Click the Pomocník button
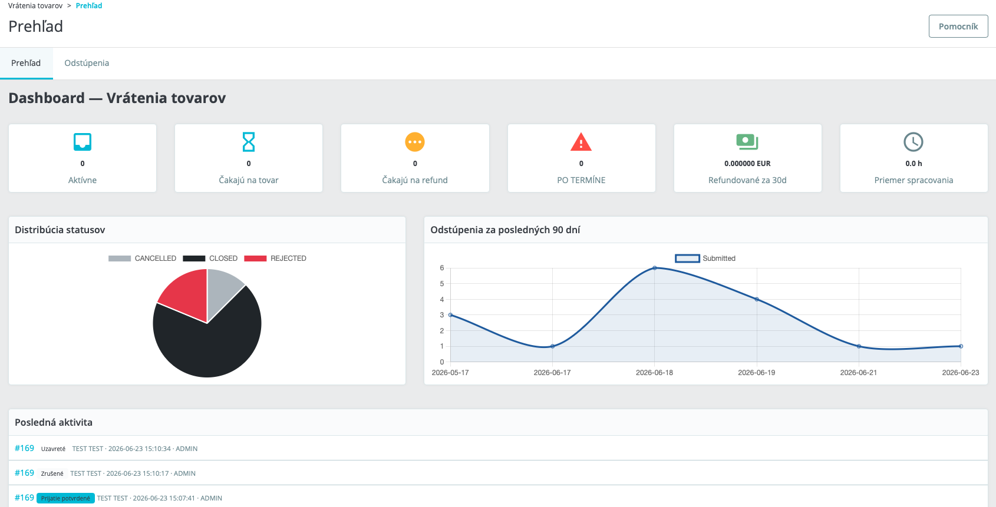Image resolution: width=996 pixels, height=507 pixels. (x=958, y=26)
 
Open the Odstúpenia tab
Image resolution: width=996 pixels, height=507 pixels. (x=87, y=63)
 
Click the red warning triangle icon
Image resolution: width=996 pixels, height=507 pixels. (x=581, y=142)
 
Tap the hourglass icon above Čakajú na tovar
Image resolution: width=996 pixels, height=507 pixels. (x=249, y=142)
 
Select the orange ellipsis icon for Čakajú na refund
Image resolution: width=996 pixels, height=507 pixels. (x=415, y=142)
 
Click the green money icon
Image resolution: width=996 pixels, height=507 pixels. (x=747, y=142)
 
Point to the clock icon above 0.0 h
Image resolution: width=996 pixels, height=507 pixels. (x=913, y=142)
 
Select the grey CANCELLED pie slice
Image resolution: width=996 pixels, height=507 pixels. (x=222, y=289)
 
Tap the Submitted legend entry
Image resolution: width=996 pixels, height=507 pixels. (x=705, y=259)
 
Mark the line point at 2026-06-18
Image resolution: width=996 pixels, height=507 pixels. (x=655, y=268)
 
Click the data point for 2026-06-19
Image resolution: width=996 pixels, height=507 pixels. (x=757, y=300)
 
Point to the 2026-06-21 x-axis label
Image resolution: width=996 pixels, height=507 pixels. (x=859, y=373)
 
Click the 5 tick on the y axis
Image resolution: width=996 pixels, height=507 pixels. (x=442, y=284)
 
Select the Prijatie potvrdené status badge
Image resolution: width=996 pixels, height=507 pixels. (x=65, y=498)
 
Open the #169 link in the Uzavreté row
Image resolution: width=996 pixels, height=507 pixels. (x=24, y=448)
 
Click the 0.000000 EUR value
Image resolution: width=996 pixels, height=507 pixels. (x=747, y=164)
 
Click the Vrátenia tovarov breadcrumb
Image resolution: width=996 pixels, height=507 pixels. (x=35, y=6)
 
